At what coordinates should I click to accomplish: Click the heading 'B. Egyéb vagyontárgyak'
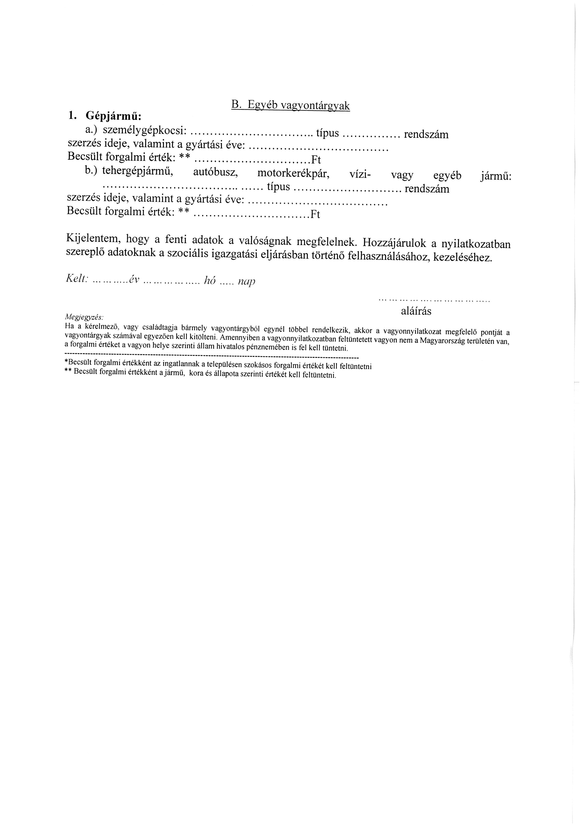[290, 106]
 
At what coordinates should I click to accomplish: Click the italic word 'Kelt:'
[77, 278]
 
